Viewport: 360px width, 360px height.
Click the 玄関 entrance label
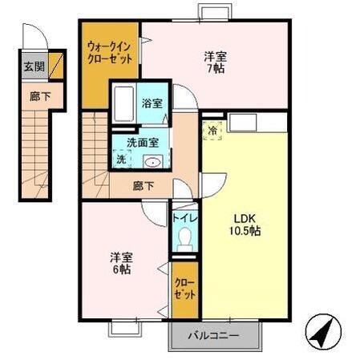tap(34, 67)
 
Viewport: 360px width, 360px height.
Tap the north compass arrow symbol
tap(323, 332)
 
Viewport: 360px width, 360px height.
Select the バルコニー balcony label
tap(213, 335)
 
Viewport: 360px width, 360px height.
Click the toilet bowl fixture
tap(184, 239)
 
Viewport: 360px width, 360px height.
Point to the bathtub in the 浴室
tap(124, 103)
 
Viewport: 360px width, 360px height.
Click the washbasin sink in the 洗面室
tap(153, 162)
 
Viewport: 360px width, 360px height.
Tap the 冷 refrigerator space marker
tap(212, 131)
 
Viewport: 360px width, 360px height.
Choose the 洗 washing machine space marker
tap(121, 159)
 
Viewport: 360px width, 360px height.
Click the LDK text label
tap(245, 219)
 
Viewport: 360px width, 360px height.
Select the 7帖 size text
tap(216, 69)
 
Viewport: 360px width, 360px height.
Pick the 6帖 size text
tap(121, 269)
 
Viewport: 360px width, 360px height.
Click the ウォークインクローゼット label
tap(110, 53)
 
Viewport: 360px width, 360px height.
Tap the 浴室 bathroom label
tap(152, 103)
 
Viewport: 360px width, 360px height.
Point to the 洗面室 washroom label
tap(143, 143)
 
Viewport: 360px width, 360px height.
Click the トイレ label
tap(184, 218)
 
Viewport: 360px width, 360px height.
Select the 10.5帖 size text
tap(245, 231)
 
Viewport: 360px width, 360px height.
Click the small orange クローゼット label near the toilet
tap(184, 289)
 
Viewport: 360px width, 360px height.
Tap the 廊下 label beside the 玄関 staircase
tap(40, 96)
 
